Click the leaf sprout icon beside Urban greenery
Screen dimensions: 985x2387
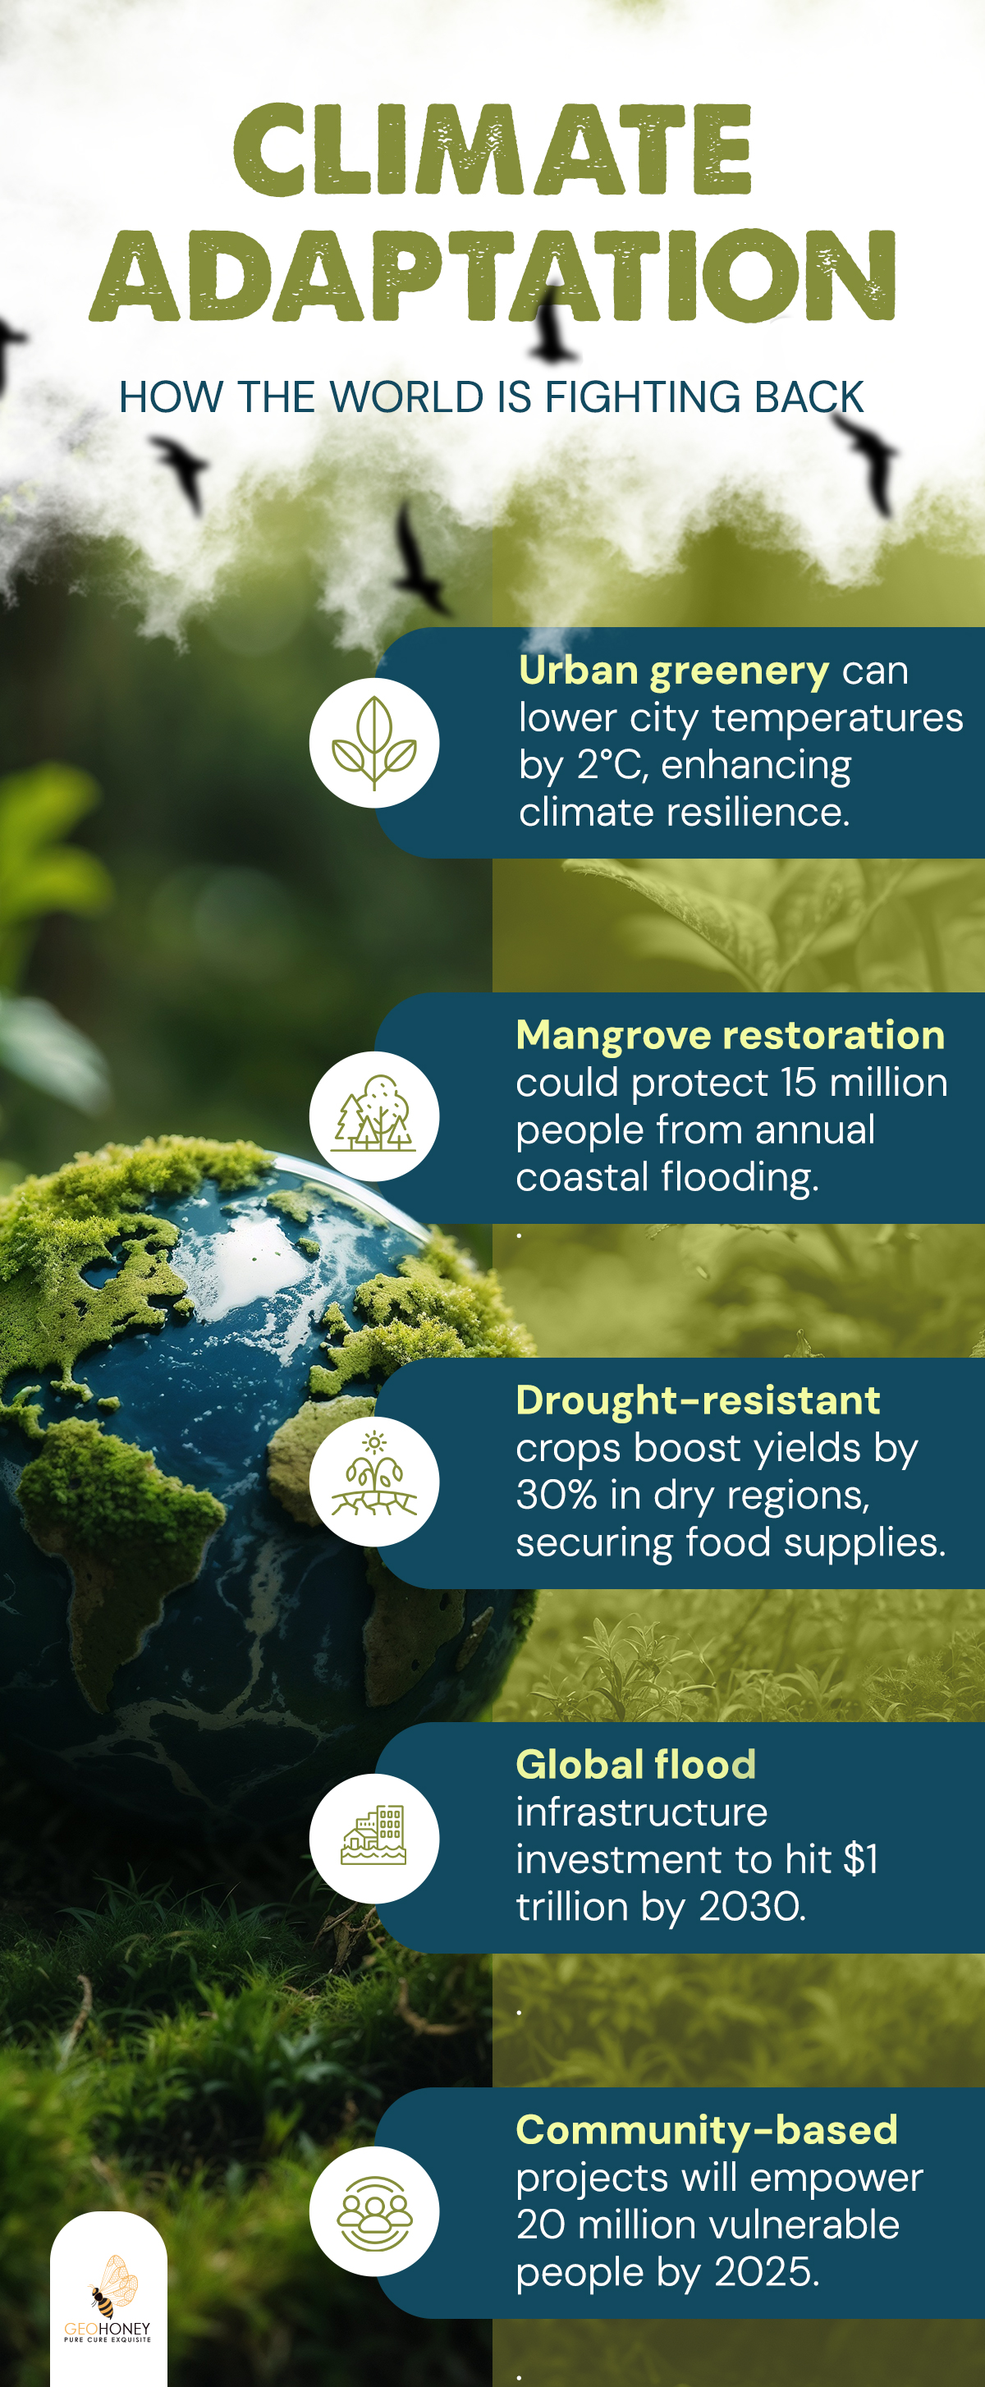(x=373, y=743)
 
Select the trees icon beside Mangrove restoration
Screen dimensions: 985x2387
(x=373, y=1115)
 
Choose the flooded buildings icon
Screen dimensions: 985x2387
(x=373, y=1836)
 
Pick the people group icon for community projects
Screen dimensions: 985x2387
(x=373, y=2212)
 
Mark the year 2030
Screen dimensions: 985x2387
(x=752, y=1906)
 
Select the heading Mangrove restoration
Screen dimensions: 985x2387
(x=731, y=1035)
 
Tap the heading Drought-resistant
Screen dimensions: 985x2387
(x=698, y=1400)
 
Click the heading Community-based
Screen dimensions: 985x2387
(x=707, y=2130)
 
